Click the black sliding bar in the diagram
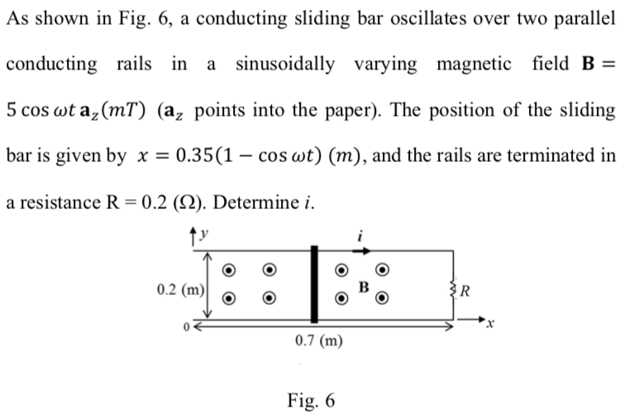[x=314, y=284]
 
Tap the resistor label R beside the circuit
[x=468, y=290]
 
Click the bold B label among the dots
[x=362, y=287]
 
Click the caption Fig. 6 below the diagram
[x=312, y=401]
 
